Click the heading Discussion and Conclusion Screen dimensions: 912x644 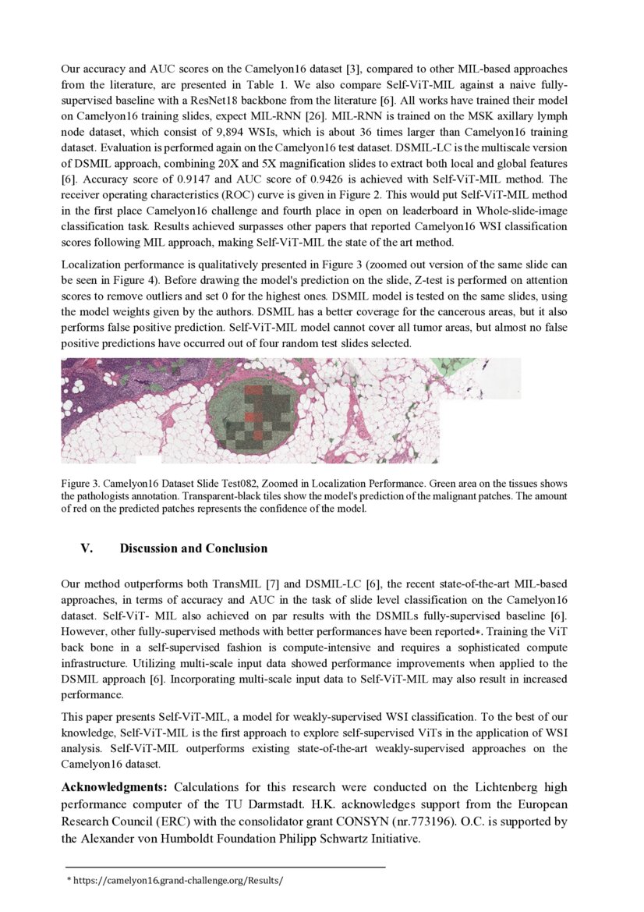193,548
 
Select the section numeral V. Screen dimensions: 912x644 87,548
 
